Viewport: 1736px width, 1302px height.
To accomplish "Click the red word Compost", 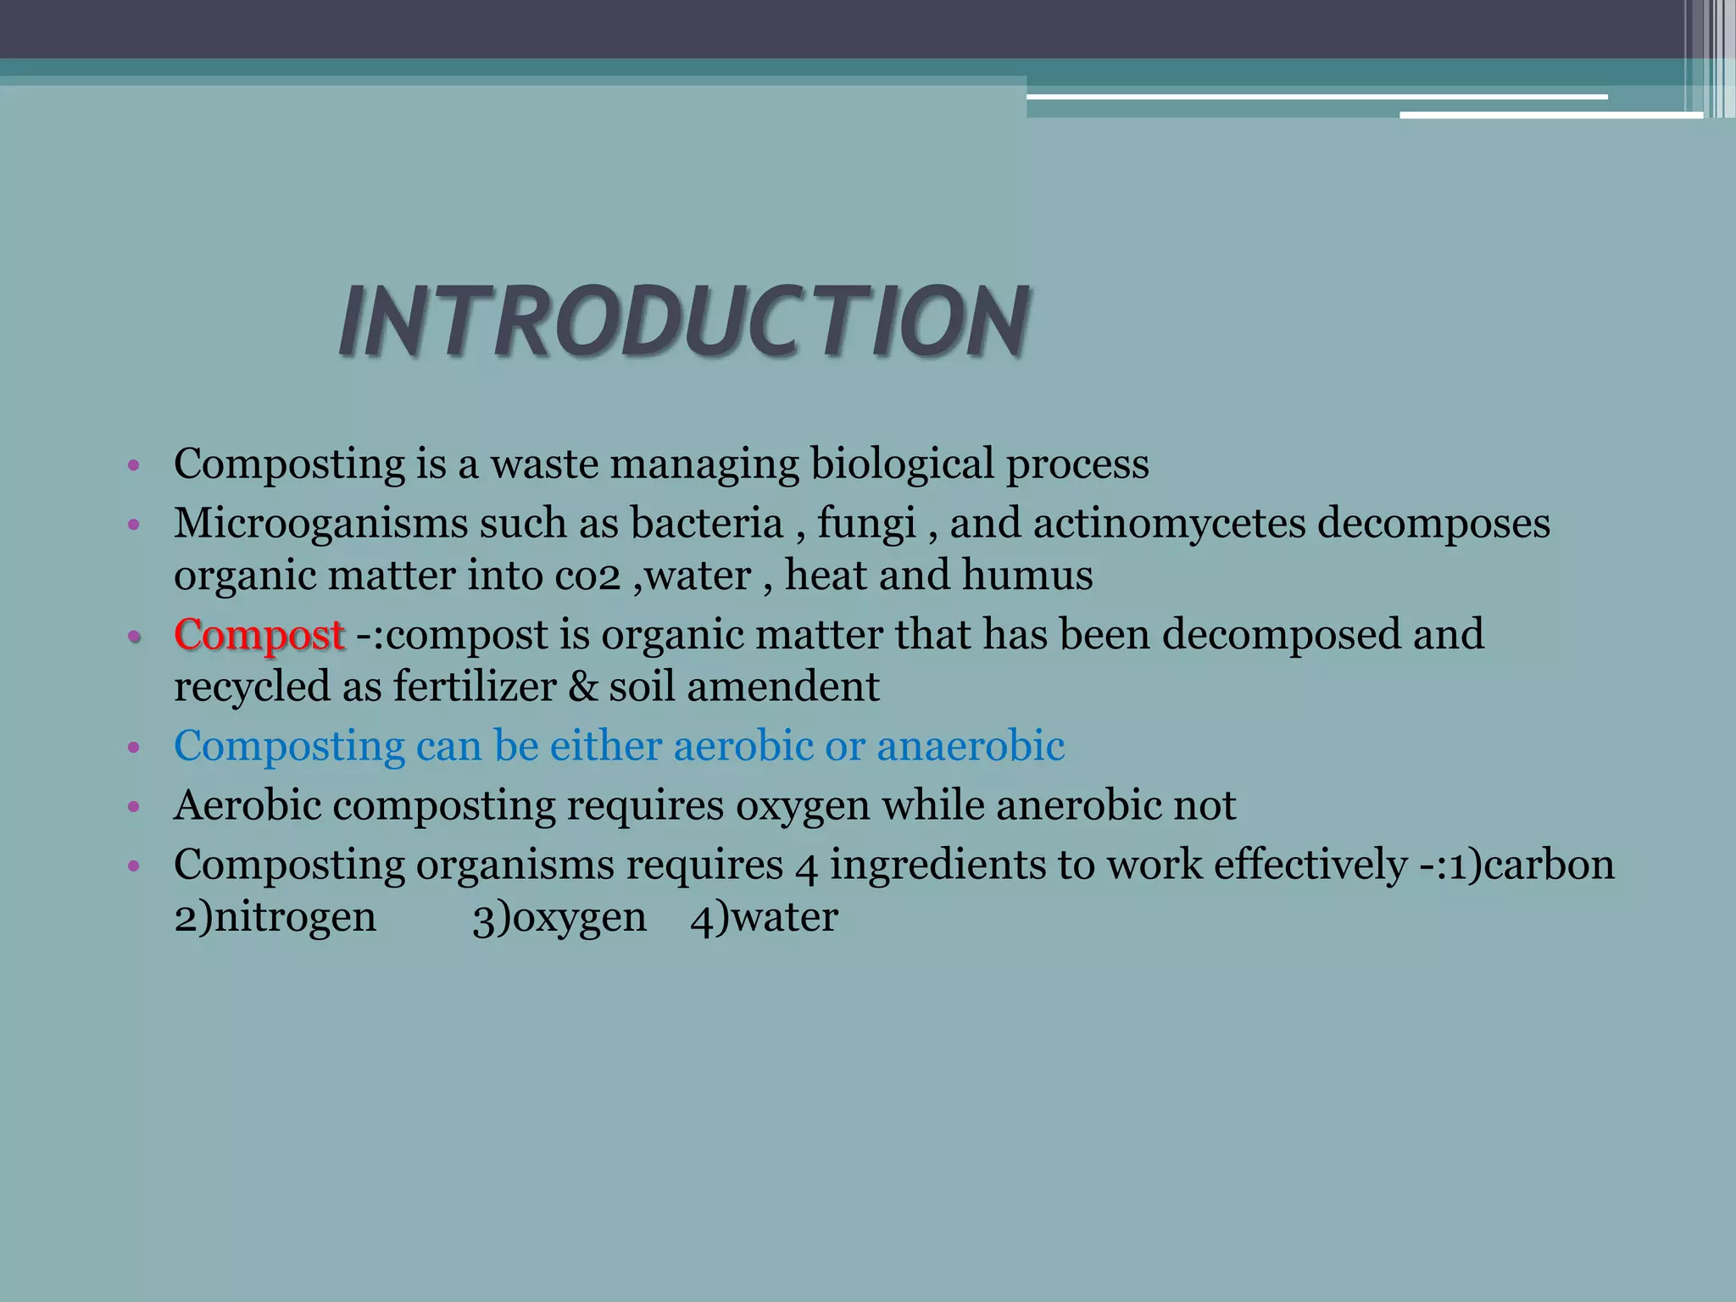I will point(259,635).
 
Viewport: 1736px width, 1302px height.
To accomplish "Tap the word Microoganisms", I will point(321,523).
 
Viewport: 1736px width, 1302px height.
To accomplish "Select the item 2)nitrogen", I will point(275,918).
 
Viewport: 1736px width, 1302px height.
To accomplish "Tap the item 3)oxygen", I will point(559,918).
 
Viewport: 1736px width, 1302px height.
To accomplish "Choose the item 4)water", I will point(764,918).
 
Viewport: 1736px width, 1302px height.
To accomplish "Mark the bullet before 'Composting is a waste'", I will point(132,465).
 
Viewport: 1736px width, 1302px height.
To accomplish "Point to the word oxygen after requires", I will point(802,805).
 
